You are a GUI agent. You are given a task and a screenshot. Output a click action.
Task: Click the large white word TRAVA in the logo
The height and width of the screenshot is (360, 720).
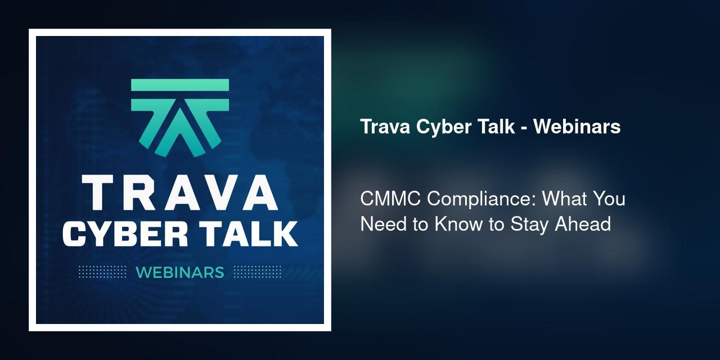tap(179, 193)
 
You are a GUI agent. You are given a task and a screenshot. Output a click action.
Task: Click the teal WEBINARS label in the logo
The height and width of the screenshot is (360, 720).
tap(180, 273)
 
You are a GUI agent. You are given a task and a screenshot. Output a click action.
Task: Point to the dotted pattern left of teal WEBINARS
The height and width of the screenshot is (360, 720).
tap(102, 272)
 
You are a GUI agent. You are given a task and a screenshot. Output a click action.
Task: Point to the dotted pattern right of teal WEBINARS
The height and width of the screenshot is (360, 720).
tap(257, 272)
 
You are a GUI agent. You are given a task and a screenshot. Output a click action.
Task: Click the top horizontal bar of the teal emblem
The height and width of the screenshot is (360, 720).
tap(180, 85)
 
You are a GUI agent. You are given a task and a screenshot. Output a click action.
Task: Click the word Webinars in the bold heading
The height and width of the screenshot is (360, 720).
tap(577, 127)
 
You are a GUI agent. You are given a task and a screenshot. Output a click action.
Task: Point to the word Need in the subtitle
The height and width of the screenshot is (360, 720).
tap(384, 224)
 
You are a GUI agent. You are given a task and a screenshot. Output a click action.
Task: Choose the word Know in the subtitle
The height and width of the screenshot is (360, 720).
tap(458, 224)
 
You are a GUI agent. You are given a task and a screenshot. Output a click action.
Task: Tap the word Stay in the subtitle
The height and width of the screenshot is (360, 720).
tap(530, 224)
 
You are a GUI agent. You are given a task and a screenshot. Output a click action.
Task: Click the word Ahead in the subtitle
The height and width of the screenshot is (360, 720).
tap(583, 224)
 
